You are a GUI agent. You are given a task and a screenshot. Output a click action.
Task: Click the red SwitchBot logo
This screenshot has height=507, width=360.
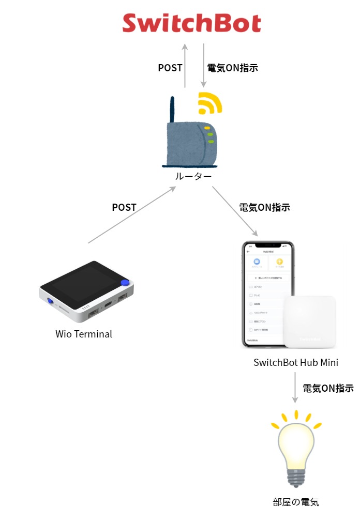tap(191, 23)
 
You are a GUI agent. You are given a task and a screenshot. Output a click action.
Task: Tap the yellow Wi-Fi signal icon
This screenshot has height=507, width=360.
tap(209, 103)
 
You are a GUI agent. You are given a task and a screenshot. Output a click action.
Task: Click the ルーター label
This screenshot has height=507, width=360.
tap(193, 177)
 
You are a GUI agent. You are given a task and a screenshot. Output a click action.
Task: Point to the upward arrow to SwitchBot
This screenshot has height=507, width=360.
tap(185, 66)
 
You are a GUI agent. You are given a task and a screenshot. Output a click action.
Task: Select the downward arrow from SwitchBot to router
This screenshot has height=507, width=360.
tap(204, 66)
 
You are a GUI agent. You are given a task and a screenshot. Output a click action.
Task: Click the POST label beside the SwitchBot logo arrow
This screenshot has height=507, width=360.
tap(170, 68)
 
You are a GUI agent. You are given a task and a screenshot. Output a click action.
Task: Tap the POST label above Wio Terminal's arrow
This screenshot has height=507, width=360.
tap(124, 207)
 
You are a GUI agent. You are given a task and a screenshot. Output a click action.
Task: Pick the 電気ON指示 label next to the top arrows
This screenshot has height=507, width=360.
tap(232, 68)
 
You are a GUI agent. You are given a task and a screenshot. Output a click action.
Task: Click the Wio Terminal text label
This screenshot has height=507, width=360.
tap(84, 334)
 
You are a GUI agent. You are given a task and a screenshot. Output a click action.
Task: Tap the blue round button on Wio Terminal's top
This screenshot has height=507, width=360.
tap(124, 282)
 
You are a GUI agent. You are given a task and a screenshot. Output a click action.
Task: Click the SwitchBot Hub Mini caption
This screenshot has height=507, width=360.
tap(296, 362)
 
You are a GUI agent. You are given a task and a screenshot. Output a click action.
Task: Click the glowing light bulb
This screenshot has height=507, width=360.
tap(296, 450)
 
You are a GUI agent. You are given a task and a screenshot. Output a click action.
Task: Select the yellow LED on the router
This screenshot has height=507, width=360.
tap(206, 127)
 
